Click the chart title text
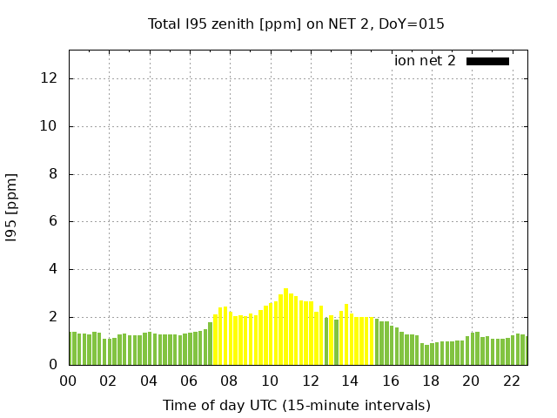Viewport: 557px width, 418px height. coord(296,24)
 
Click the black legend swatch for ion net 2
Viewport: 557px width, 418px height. coord(487,61)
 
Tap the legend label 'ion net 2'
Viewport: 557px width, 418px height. coord(425,61)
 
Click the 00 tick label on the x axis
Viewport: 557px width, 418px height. coord(69,381)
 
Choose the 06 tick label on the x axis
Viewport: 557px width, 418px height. coord(190,381)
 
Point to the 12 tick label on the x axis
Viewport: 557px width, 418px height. coord(310,381)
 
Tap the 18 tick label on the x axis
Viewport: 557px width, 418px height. coord(431,381)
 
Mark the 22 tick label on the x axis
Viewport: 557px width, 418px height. coord(511,381)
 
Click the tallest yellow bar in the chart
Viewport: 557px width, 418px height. coord(285,327)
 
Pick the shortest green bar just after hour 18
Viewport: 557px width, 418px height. coord(426,354)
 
